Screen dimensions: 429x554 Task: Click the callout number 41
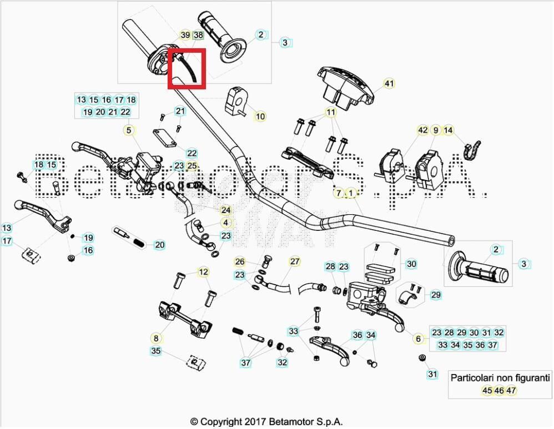[x=389, y=84]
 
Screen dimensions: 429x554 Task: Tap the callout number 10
[x=260, y=116]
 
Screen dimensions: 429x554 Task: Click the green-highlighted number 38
[x=198, y=35]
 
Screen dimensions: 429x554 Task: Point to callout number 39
[x=185, y=35]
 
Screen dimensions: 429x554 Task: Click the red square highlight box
[x=187, y=68]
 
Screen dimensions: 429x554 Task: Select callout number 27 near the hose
[x=294, y=261]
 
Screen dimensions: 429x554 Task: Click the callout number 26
[x=239, y=261]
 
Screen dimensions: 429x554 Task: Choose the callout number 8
[x=156, y=337]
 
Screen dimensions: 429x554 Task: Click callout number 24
[x=225, y=210]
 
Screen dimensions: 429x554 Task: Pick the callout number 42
[x=423, y=130]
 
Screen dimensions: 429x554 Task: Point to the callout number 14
[x=449, y=130]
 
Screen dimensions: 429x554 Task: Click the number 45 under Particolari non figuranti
[x=487, y=390]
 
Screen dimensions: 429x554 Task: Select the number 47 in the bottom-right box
[x=511, y=390]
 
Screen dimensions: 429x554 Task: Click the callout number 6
[x=417, y=339]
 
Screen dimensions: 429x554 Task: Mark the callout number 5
[x=129, y=130]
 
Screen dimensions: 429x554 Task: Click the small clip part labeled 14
[x=473, y=148]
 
